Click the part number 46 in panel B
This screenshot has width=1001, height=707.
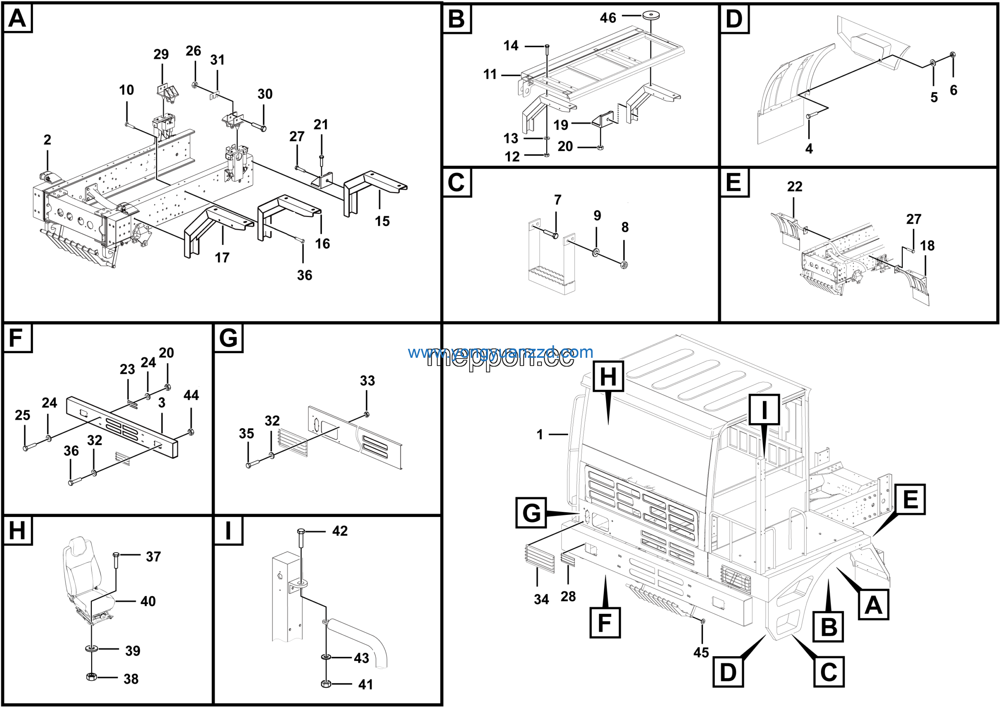click(608, 18)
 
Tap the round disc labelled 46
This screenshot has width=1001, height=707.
click(651, 15)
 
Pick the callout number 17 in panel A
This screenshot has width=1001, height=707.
click(222, 258)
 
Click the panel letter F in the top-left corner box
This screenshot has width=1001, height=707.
click(16, 338)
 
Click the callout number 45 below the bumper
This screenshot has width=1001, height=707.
click(701, 653)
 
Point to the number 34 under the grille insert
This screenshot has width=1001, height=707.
click(541, 599)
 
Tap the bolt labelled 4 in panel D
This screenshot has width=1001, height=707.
click(809, 116)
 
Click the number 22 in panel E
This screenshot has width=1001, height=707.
click(794, 187)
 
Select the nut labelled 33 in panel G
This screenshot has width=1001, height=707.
click(366, 414)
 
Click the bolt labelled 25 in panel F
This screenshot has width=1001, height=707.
click(26, 447)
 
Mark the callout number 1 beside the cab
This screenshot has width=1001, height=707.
click(540, 434)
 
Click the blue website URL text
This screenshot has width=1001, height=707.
click(500, 352)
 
